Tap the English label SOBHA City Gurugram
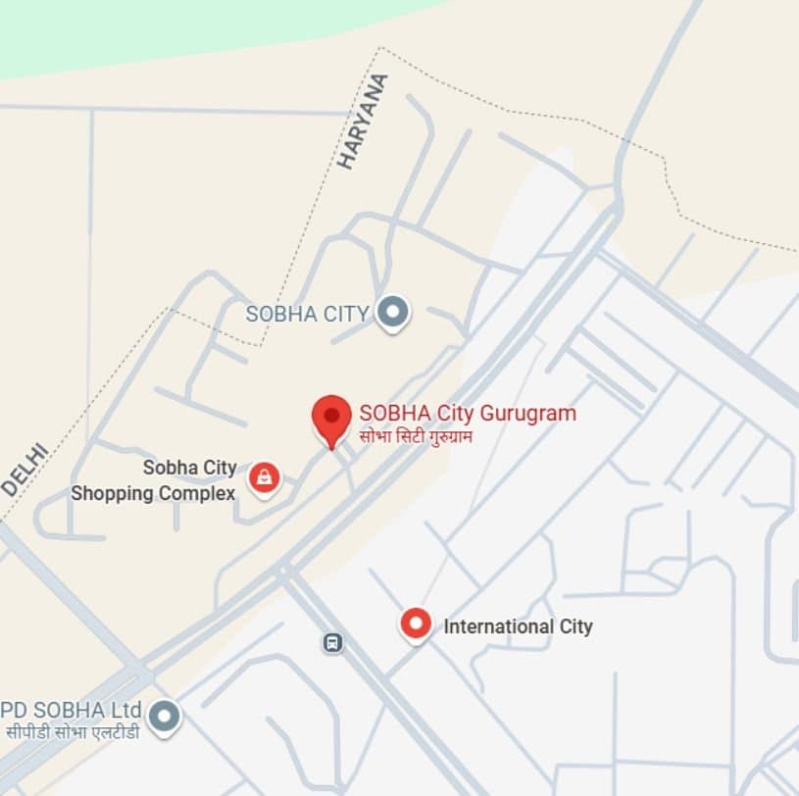(x=468, y=413)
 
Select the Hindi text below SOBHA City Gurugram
(x=416, y=435)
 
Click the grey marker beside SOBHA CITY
(x=394, y=313)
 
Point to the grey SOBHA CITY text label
(x=307, y=314)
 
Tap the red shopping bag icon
(x=264, y=478)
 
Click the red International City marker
(x=417, y=623)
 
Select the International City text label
(x=518, y=625)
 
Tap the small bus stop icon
(x=332, y=643)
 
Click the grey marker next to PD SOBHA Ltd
(x=164, y=716)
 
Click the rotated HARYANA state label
(x=362, y=122)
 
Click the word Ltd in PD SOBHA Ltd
(x=127, y=709)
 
